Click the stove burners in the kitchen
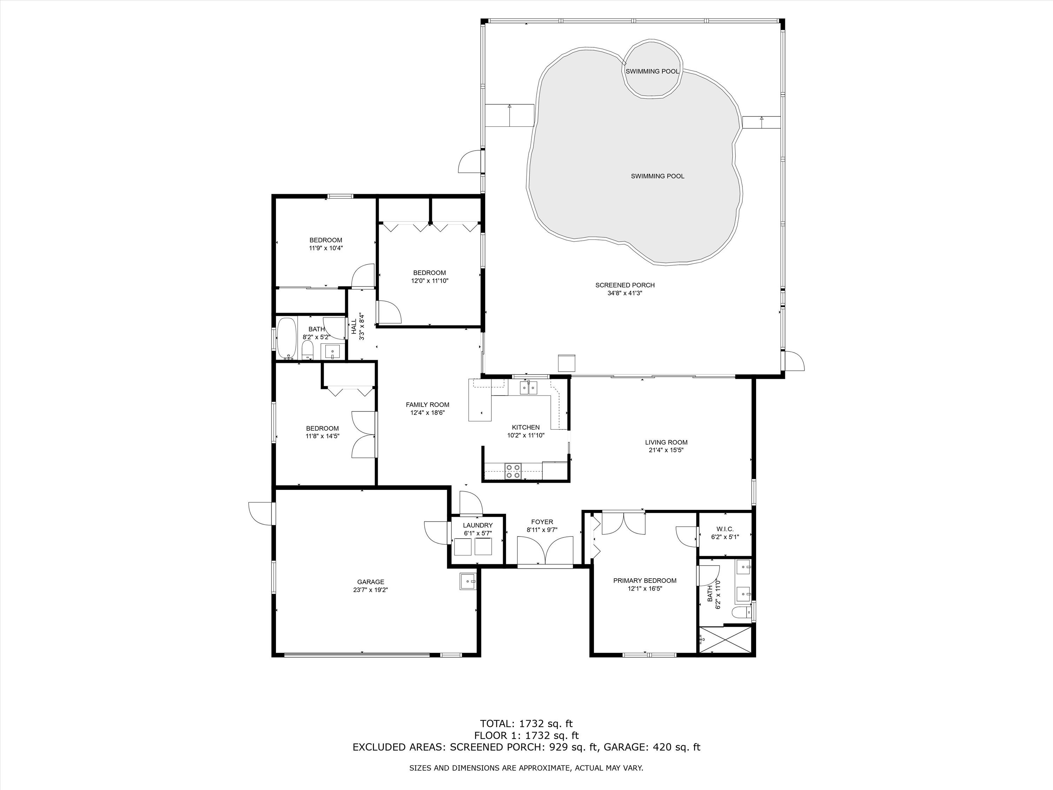[x=513, y=470]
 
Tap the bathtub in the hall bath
[x=286, y=338]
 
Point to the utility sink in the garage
[x=468, y=581]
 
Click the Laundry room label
[x=477, y=525]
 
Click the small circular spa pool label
[x=652, y=71]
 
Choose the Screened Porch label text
[x=624, y=285]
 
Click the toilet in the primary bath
[x=739, y=612]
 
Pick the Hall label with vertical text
[x=354, y=326]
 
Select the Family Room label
[x=427, y=405]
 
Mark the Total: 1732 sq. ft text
[x=526, y=724]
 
